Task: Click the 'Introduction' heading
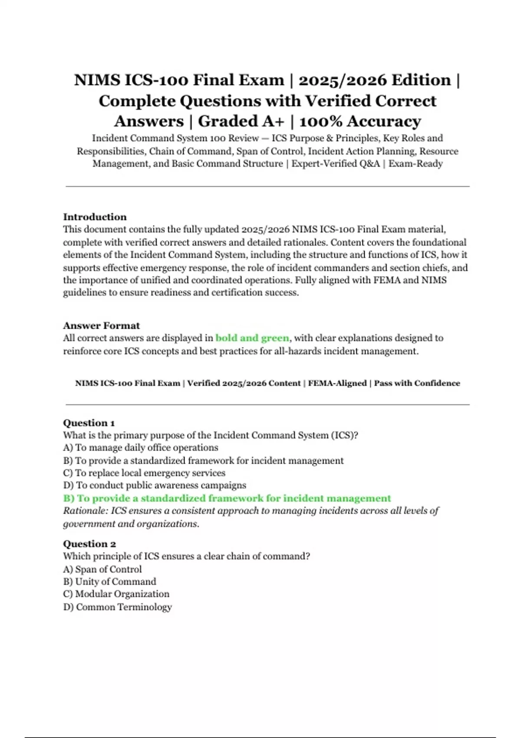coord(95,217)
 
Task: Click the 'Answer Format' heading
coord(101,326)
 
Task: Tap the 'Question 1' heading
coord(89,423)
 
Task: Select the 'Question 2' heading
coord(89,544)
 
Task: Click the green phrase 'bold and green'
coord(252,338)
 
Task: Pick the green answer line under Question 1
coord(227,498)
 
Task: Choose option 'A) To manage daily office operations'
coord(140,448)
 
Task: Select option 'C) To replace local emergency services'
coord(144,473)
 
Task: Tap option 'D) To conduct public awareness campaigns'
coord(154,485)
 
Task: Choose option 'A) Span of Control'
coord(102,569)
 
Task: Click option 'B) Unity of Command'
coord(109,582)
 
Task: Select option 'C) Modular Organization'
coord(116,594)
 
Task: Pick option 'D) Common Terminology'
coord(117,607)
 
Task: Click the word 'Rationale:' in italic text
coord(85,511)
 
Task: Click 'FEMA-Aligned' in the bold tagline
coord(337,383)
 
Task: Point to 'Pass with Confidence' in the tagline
coord(417,383)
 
